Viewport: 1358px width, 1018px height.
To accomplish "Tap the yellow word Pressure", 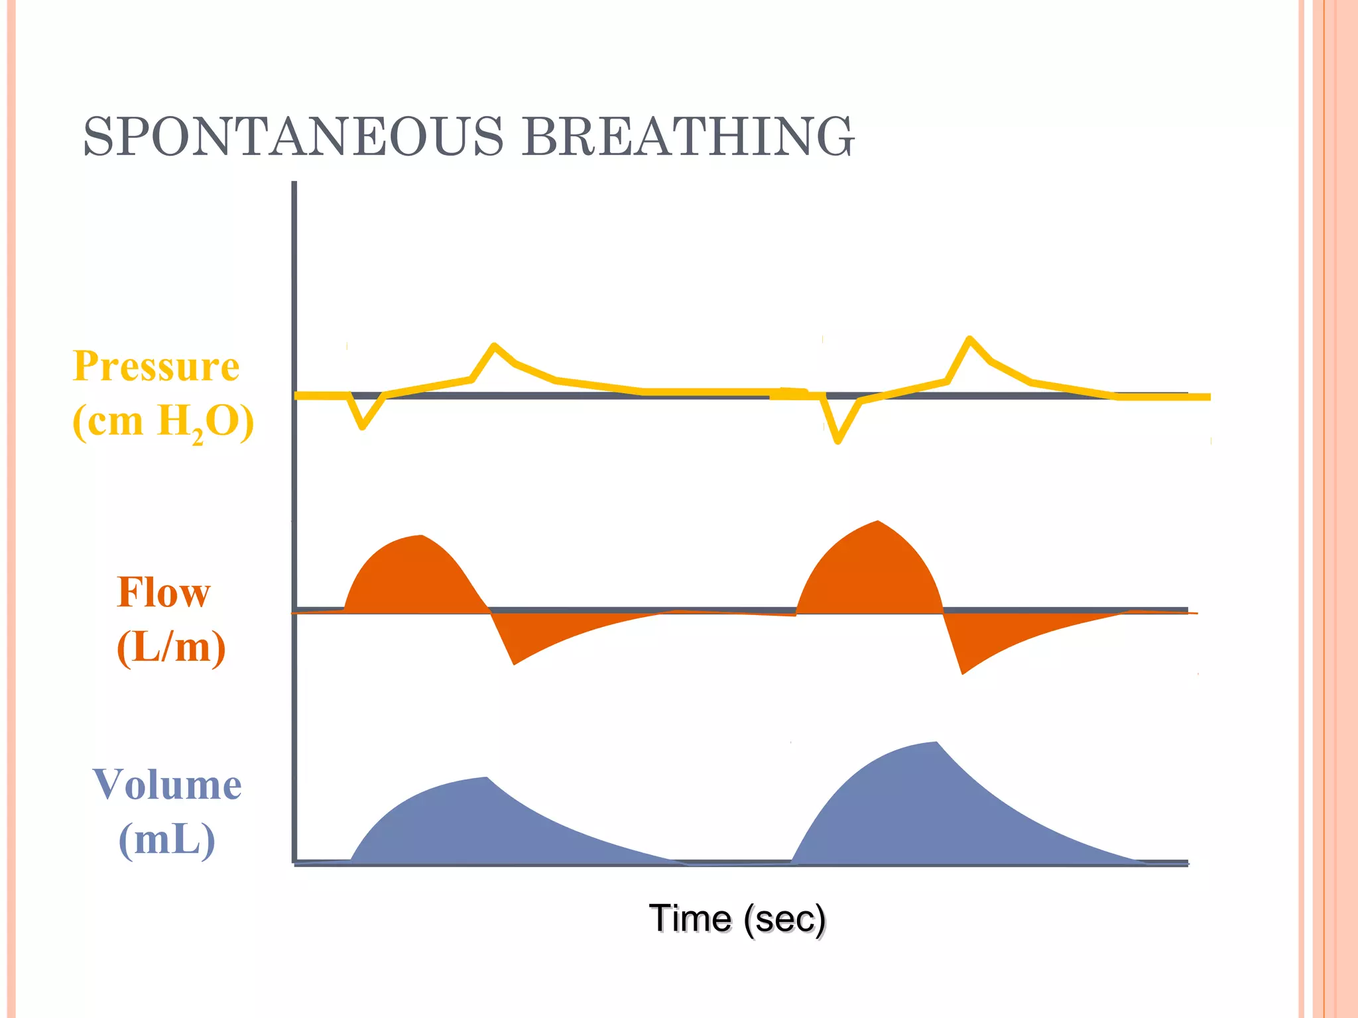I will [x=156, y=366].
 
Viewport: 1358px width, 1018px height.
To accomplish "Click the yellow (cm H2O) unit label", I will [x=163, y=422].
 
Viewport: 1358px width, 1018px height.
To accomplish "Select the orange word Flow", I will [x=163, y=592].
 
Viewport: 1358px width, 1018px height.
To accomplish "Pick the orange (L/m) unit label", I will [x=171, y=647].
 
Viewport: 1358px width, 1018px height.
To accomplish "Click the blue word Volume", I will [x=167, y=785].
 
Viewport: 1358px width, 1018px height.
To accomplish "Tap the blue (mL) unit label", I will [x=167, y=840].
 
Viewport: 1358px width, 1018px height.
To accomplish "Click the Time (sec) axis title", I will [x=737, y=919].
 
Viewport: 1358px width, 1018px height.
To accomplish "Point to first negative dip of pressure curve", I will [x=362, y=426].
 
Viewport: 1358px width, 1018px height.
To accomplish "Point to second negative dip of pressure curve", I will [x=837, y=441].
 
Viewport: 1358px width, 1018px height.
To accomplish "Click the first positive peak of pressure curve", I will [x=494, y=345].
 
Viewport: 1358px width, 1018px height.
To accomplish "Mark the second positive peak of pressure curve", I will [x=969, y=339].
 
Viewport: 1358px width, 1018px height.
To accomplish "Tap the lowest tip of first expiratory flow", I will [x=515, y=663].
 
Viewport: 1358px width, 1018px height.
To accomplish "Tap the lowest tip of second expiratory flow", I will [x=963, y=673].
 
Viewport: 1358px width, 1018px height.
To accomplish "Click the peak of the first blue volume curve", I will [x=486, y=778].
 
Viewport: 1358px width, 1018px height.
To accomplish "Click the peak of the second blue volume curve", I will [x=936, y=743].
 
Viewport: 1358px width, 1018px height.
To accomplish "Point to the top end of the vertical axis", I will [x=294, y=184].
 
